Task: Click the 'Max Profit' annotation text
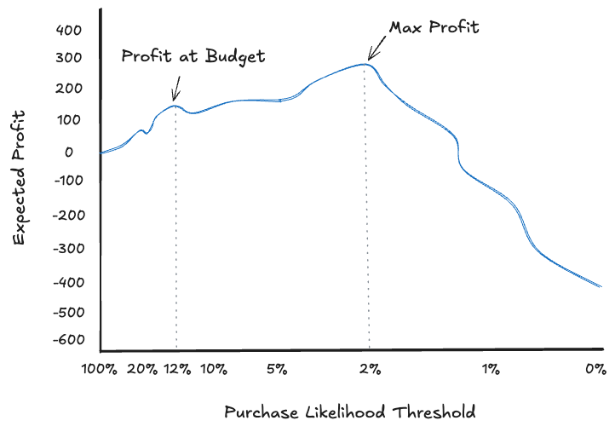click(x=434, y=27)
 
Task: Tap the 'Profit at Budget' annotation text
click(x=193, y=57)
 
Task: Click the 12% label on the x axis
click(x=177, y=370)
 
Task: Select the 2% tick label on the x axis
click(x=369, y=370)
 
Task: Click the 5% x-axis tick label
click(x=276, y=370)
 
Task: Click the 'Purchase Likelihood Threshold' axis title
click(x=350, y=412)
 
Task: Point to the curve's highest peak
click(x=365, y=64)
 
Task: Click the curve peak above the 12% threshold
click(x=175, y=106)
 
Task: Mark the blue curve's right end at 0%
click(x=601, y=287)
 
